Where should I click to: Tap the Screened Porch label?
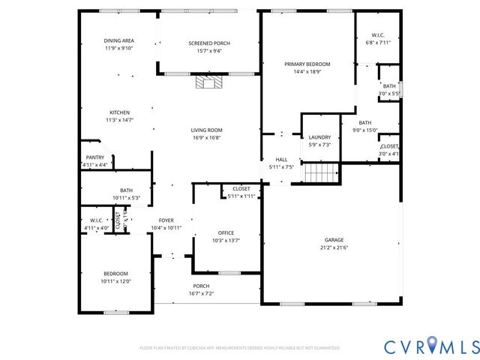click(x=209, y=43)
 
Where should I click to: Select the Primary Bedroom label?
click(x=307, y=64)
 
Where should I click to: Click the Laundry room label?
click(x=319, y=137)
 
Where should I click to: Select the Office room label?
click(x=226, y=233)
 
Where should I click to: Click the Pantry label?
click(x=94, y=157)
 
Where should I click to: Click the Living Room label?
click(x=206, y=130)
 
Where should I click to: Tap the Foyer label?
click(x=166, y=220)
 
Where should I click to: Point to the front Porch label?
click(x=201, y=286)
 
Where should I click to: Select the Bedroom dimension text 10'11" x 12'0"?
click(x=115, y=281)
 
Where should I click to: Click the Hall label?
click(x=281, y=159)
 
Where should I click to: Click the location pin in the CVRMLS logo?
click(x=431, y=345)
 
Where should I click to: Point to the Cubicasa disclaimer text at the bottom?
click(x=239, y=348)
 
